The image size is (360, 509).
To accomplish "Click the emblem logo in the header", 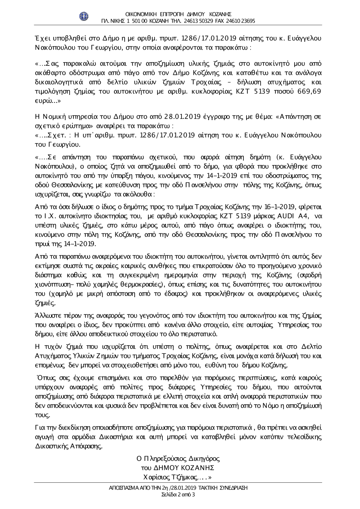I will click(84, 16).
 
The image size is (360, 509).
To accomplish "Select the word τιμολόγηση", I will click(54, 91).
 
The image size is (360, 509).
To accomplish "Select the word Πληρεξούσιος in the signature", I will click(166, 459).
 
